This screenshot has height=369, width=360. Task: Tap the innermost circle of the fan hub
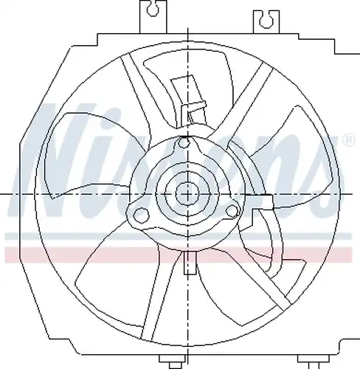[x=187, y=194]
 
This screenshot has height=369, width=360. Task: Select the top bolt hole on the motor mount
[x=184, y=142]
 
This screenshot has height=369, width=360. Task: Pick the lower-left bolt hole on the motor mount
[x=141, y=215]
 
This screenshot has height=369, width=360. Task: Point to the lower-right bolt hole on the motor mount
[x=232, y=211]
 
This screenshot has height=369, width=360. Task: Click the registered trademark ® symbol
[x=349, y=141]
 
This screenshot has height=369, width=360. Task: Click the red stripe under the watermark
[x=179, y=254]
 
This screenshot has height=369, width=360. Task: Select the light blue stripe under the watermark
[x=179, y=236]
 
